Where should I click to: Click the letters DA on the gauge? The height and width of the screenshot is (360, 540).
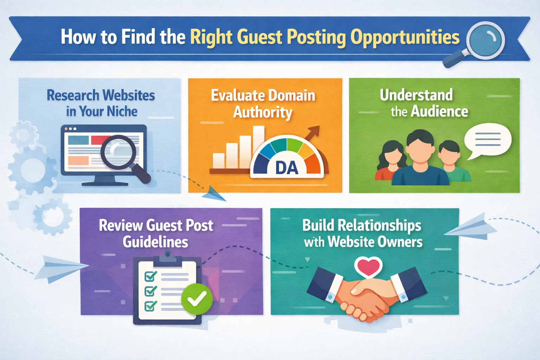coord(287,168)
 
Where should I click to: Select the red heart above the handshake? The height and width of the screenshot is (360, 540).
coord(368,266)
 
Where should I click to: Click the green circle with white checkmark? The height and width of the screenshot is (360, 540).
coord(197,299)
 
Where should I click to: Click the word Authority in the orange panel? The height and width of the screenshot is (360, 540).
coord(263,112)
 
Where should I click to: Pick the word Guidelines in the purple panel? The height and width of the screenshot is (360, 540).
coord(155,242)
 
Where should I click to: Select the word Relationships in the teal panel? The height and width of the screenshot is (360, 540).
coord(379,225)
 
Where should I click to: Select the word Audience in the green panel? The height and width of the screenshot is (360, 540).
coord(439,112)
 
